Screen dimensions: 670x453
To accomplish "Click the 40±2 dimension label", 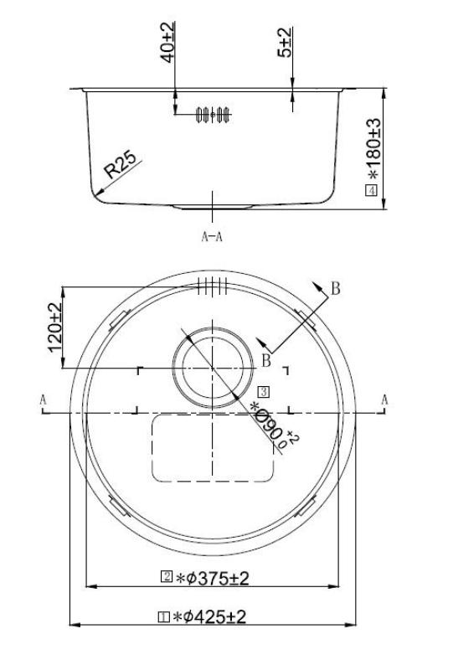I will pyautogui.click(x=167, y=41).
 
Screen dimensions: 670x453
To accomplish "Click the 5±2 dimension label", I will pyautogui.click(x=286, y=42).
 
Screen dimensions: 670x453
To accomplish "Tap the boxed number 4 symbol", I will pyautogui.click(x=371, y=190).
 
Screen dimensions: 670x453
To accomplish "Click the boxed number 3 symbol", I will pyautogui.click(x=263, y=390).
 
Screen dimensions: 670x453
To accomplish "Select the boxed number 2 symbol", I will pyautogui.click(x=166, y=577).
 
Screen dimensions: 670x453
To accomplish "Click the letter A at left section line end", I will pyautogui.click(x=43, y=400).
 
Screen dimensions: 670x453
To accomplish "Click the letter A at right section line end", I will pyautogui.click(x=384, y=400).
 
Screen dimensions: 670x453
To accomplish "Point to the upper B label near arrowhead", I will pyautogui.click(x=335, y=289).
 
